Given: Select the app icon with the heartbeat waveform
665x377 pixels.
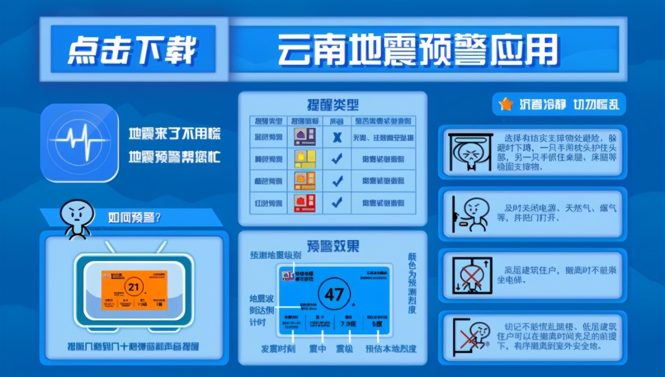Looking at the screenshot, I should pos(80,142).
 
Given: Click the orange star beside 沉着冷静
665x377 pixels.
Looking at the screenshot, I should pos(505,104).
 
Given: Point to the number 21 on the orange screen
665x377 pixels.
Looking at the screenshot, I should pos(134,287).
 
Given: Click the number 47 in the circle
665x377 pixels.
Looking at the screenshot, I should pos(334,294).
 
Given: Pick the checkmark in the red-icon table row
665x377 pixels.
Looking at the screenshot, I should pos(336,202).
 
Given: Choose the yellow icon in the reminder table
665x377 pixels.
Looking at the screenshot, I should pos(304,159).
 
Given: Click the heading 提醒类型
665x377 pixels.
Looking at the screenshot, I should pos(332,104).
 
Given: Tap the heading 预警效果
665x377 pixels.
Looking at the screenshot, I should pos(332,245).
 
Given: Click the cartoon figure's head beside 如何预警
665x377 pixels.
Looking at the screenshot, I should pos(76,211).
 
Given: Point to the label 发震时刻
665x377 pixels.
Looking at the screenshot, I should pos(278,349).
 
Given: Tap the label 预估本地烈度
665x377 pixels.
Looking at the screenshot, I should pos(391,349).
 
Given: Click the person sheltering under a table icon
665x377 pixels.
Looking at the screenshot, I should pos(469,152).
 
